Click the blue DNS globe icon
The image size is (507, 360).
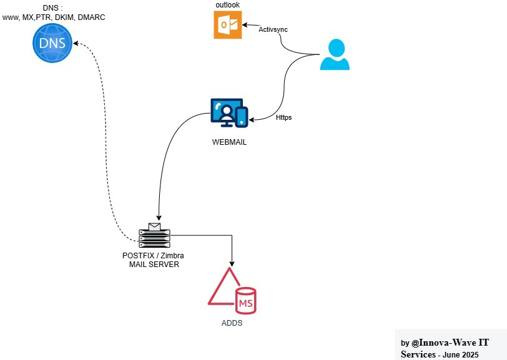(53, 43)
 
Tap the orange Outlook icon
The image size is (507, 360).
(227, 26)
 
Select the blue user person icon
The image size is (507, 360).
(335, 55)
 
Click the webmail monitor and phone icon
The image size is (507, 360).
(229, 113)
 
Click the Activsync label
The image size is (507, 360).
(273, 29)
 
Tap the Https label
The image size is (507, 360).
(283, 117)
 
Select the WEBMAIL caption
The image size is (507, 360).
(229, 142)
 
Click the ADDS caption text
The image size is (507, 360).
(232, 324)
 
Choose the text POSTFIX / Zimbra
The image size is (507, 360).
(153, 256)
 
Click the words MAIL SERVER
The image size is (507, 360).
(154, 265)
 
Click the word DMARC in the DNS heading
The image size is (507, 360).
(91, 17)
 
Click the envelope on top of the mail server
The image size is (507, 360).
(154, 226)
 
